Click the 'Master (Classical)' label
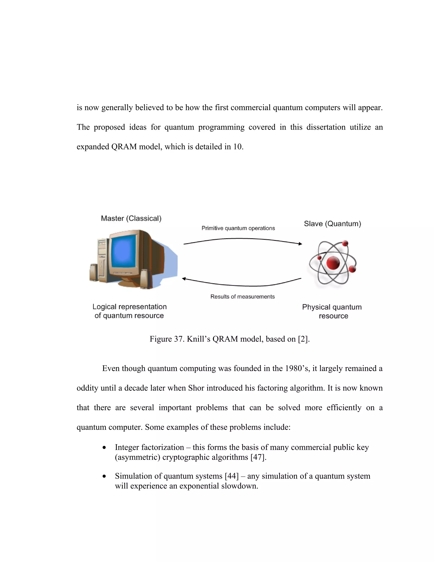[131, 218]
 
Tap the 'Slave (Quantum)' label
[332, 224]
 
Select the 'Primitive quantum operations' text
[238, 228]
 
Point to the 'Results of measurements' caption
[242, 297]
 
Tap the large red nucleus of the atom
[333, 263]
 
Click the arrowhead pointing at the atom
[300, 244]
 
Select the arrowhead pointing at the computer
[184, 278]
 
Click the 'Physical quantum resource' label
[332, 311]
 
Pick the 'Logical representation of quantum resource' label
[129, 311]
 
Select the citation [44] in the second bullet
[232, 476]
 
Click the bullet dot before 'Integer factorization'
[104, 448]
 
